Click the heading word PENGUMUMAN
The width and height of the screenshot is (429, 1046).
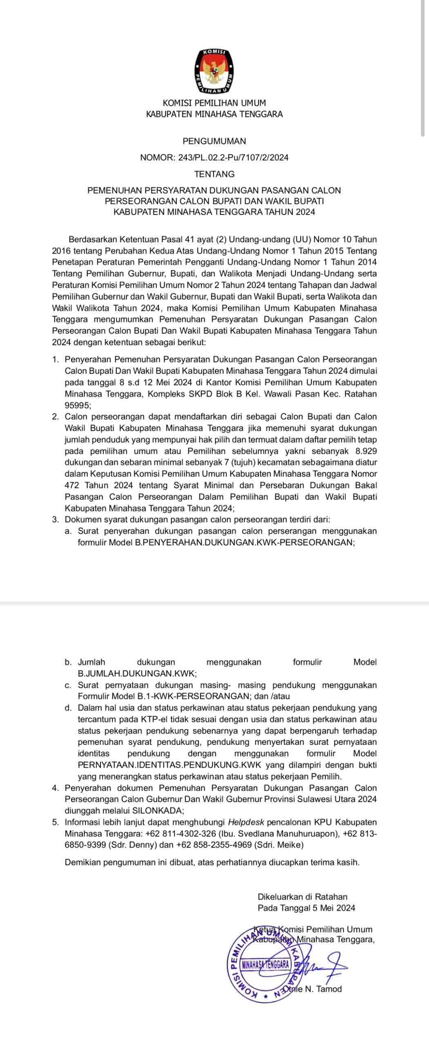tap(214, 141)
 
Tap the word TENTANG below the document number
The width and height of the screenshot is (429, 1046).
tap(214, 174)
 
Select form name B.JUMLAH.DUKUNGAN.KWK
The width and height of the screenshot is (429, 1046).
tap(137, 674)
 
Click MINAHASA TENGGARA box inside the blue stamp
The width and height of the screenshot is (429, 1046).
tap(265, 965)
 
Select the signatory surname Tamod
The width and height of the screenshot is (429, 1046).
tap(329, 989)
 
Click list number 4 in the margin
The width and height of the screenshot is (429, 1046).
tap(55, 788)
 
